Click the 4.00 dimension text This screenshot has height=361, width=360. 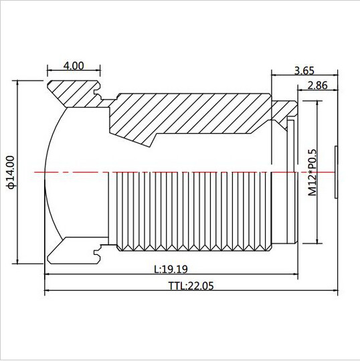74,66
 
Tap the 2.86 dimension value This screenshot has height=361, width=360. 317,85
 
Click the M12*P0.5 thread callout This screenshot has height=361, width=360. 312,172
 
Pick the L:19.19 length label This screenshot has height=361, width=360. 171,269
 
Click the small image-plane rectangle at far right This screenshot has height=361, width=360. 337,172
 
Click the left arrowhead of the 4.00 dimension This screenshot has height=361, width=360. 50,72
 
